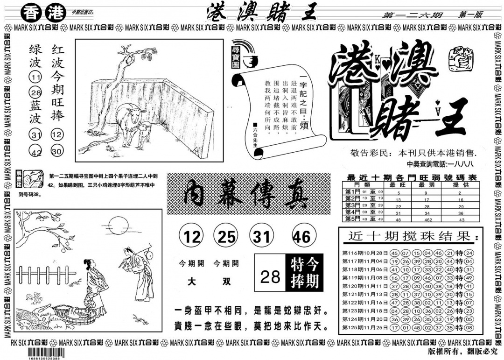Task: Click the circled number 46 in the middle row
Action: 301,237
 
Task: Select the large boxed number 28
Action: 270,277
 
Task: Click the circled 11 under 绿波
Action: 35,78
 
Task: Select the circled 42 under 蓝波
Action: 36,151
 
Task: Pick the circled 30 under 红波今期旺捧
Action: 57,151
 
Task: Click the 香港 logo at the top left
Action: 50,11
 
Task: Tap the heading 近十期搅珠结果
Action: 411,237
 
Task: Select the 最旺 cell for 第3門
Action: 399,205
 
